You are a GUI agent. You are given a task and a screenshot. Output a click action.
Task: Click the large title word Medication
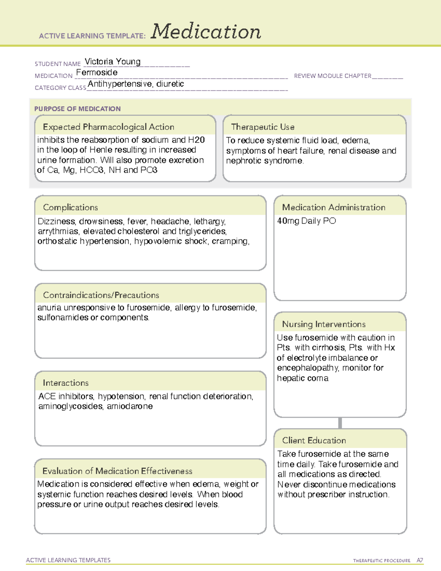tap(206, 32)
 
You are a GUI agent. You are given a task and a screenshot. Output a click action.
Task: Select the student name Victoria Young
tap(112, 61)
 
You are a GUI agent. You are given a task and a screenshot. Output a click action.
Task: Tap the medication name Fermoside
tap(97, 72)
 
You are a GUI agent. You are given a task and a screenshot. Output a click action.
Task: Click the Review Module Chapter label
tap(332, 76)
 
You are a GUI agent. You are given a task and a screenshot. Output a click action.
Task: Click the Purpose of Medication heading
tap(77, 109)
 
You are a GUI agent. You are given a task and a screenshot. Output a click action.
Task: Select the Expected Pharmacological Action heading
tap(108, 127)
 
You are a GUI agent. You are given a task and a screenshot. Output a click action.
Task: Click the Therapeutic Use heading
tap(262, 127)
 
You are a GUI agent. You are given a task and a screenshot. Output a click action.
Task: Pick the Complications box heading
tap(70, 207)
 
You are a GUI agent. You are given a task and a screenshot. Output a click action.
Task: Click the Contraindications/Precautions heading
tap(101, 295)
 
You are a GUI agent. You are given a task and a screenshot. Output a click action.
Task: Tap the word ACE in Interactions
tap(47, 396)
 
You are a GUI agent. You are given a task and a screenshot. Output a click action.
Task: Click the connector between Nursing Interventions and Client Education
tap(340, 423)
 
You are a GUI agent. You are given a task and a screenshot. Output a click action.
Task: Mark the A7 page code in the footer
tap(419, 560)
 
